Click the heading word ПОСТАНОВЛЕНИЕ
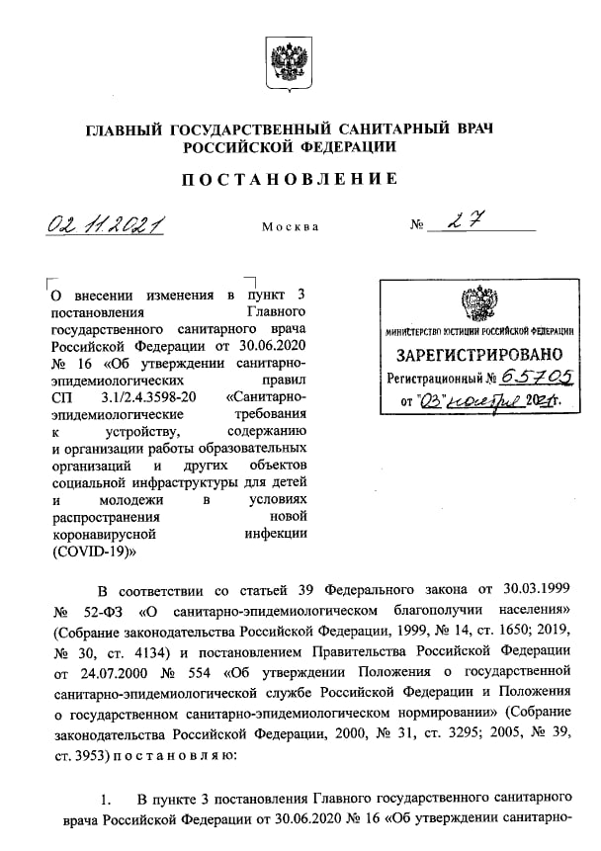pyautogui.click(x=291, y=179)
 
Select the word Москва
pyautogui.click(x=291, y=227)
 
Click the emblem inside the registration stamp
pyautogui.click(x=480, y=302)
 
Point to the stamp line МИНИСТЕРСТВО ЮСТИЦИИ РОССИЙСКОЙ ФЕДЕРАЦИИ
pyautogui.click(x=480, y=332)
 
